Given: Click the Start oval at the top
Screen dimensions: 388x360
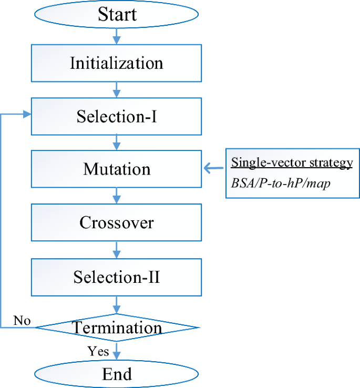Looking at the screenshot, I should click(x=116, y=14).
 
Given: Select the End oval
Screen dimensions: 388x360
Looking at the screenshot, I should click(x=116, y=374).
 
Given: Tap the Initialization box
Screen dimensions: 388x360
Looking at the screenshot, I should click(x=116, y=63).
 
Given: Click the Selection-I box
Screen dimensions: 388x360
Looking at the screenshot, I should click(x=116, y=116).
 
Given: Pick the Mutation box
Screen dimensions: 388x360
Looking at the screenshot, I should click(x=116, y=169).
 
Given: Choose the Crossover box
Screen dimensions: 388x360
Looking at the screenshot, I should click(x=116, y=222).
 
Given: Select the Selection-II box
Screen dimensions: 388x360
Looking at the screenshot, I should click(x=116, y=277).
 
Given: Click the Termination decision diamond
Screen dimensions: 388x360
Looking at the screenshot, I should click(x=116, y=328).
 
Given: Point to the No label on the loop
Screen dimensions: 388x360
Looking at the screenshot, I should click(x=22, y=320).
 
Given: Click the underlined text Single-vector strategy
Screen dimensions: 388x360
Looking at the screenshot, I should click(x=292, y=162).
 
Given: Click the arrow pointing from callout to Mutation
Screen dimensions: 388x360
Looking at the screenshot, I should click(x=214, y=169).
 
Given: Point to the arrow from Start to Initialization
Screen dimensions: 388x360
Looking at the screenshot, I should click(x=116, y=36).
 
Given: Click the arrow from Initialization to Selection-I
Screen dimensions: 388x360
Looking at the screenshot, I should click(x=116, y=89).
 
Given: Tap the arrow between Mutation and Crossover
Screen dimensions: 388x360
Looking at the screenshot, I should click(x=116, y=196).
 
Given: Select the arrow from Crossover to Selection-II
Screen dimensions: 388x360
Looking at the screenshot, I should click(x=116, y=249).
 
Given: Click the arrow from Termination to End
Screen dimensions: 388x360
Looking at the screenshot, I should click(x=116, y=351).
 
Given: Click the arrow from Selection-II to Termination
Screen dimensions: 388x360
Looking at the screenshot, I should click(x=116, y=304).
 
